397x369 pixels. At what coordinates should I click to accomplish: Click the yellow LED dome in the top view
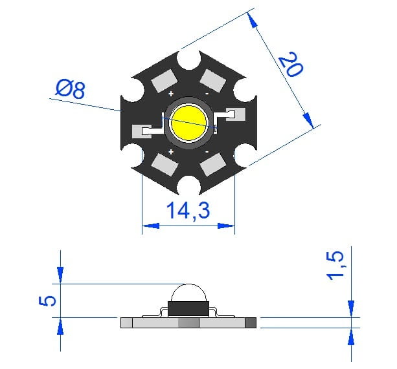189,123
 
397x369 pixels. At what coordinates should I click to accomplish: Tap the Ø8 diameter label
71,89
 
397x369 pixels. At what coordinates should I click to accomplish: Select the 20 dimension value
291,64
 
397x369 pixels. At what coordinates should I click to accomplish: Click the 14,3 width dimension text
188,210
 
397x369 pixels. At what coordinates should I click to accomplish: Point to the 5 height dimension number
47,301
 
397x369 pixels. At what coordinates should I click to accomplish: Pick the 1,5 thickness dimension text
335,265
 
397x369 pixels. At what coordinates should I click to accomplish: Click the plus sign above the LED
171,94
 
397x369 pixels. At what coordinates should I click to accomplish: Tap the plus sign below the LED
171,152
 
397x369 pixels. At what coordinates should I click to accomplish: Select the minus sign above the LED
207,94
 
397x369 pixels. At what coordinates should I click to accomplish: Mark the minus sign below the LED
207,152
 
